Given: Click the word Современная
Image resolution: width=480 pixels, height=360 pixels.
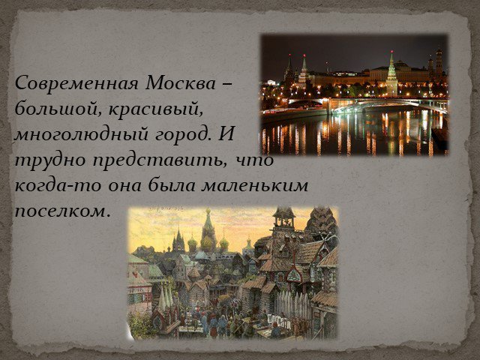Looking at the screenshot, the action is [76, 83].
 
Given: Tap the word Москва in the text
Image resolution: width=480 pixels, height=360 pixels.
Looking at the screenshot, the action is [181, 83].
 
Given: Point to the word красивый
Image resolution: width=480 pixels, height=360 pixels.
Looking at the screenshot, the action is [155, 109].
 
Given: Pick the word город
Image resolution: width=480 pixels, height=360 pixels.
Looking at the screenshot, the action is [183, 135].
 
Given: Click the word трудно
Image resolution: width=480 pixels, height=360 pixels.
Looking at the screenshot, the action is [50, 160].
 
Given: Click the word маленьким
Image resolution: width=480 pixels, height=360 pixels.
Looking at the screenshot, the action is [254, 186].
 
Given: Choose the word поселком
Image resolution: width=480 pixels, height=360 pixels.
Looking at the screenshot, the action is [62, 211].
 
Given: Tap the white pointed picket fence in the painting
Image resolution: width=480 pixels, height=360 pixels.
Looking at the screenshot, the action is [292, 301].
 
